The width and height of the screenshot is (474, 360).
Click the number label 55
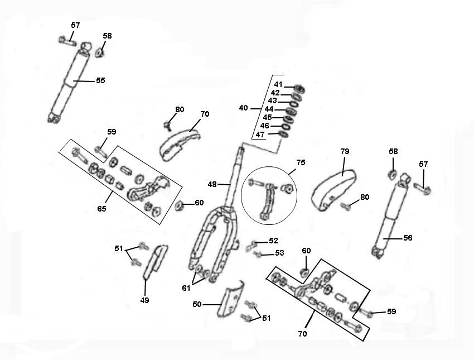[x=100, y=80]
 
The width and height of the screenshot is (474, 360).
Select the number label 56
[x=408, y=238]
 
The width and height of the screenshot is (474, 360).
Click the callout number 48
[x=212, y=184]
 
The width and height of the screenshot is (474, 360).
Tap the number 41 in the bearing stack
[x=278, y=84]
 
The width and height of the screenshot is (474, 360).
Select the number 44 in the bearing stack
[x=269, y=109]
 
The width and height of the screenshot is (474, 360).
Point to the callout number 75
[x=301, y=163]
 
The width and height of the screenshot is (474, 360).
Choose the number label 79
[x=345, y=151]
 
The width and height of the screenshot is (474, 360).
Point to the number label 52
[x=273, y=241]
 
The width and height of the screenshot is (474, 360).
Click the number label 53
[x=279, y=253]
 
